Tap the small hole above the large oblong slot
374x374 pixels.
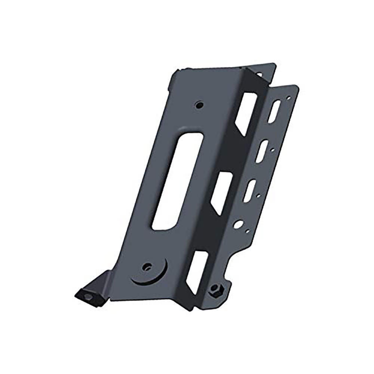[x=198, y=103]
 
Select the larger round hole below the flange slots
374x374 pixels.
[x=237, y=225]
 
